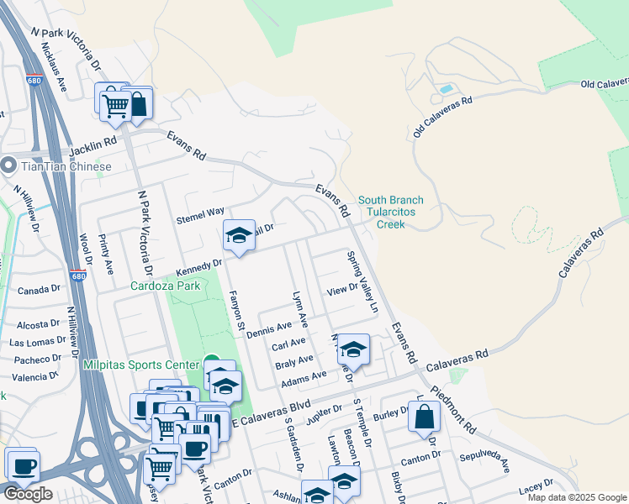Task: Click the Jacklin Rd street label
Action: coord(92,146)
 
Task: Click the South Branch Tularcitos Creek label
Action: coord(391,213)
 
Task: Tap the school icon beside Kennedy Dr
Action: coord(239,236)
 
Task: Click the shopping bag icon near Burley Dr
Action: coord(425,417)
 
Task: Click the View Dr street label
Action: coord(342,290)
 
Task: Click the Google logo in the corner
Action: coord(28,494)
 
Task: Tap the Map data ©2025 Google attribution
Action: coord(576,497)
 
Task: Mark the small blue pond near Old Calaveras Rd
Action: coord(446,88)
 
